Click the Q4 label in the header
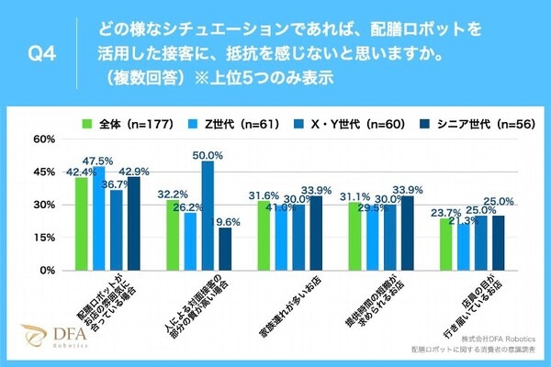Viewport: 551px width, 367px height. tap(43, 54)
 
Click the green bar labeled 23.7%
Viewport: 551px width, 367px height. tap(446, 245)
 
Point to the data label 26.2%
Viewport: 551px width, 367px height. tap(190, 207)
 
